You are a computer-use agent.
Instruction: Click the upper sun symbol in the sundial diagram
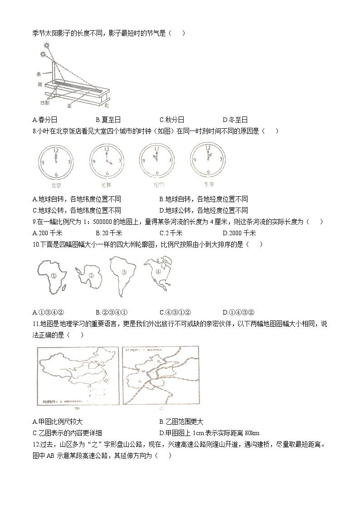47,45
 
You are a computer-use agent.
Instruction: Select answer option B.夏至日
108,120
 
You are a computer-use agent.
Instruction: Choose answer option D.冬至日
235,120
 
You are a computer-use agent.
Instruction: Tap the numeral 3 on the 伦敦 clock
120,161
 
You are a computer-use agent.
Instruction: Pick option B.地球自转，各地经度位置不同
204,199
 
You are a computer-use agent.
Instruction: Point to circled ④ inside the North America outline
158,272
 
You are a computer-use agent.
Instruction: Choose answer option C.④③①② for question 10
175,312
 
